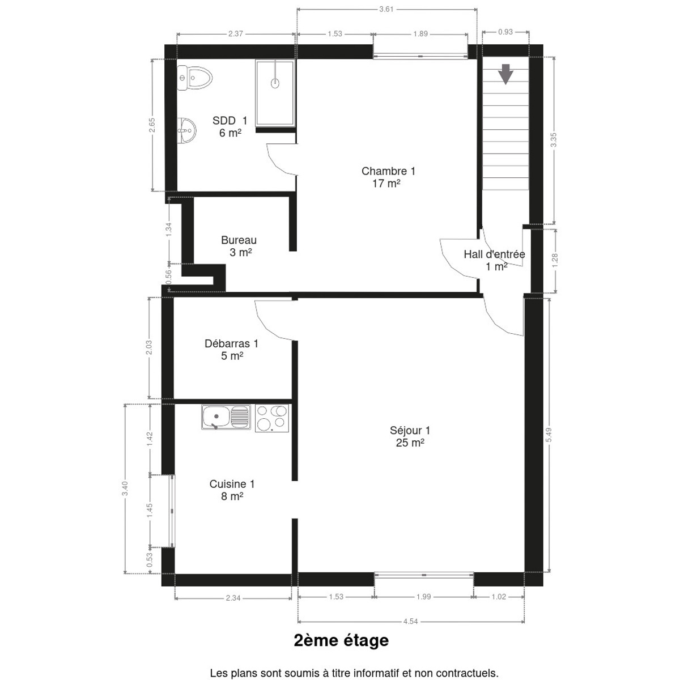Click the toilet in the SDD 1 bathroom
point(194,77)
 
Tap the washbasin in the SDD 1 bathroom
point(186,130)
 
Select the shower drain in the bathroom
point(275,83)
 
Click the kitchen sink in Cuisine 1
point(226,417)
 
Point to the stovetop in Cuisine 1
point(272,418)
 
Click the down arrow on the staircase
point(505,74)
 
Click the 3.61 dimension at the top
point(386,9)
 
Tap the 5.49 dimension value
point(549,435)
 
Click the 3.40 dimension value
point(125,488)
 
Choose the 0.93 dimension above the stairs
point(505,32)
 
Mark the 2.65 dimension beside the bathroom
point(152,125)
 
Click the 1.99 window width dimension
point(423,597)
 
